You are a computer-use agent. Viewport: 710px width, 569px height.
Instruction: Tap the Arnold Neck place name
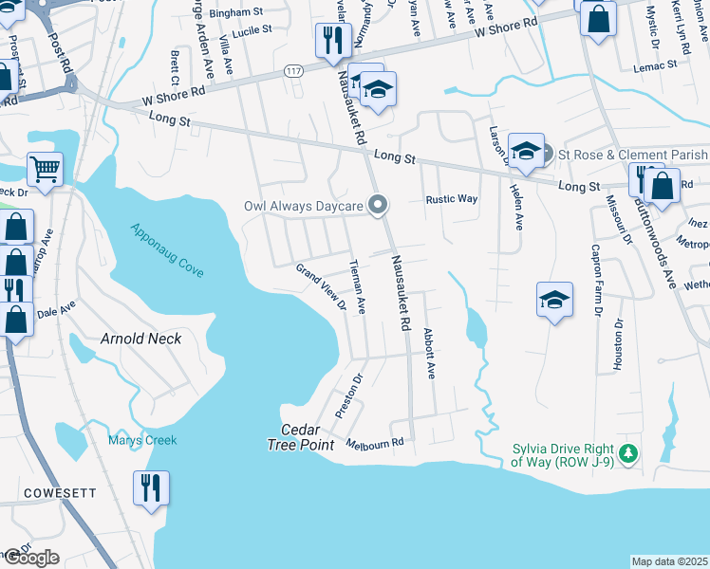pyautogui.click(x=140, y=339)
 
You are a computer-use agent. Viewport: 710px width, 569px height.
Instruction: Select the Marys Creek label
pyautogui.click(x=141, y=439)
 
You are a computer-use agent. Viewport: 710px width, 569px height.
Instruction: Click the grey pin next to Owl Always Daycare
pyautogui.click(x=378, y=205)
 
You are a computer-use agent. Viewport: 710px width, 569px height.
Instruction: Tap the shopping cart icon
pyautogui.click(x=45, y=169)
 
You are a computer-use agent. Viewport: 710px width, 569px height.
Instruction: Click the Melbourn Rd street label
pyautogui.click(x=375, y=443)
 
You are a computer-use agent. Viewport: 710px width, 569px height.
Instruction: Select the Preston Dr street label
pyautogui.click(x=349, y=397)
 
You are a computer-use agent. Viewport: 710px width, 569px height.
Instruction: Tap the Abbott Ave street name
pyautogui.click(x=429, y=354)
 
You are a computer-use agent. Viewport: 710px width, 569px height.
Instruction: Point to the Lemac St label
pyautogui.click(x=658, y=64)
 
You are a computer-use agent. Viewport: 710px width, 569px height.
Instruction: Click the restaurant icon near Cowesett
pyautogui.click(x=151, y=488)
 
